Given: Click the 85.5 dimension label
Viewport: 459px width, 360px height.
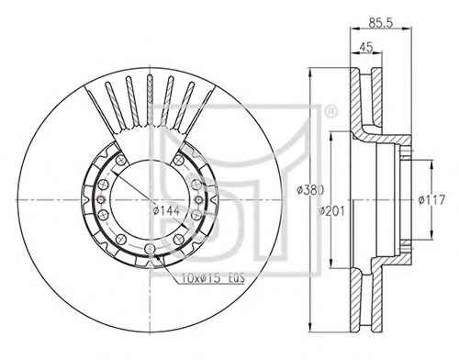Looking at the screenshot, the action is (x=380, y=23).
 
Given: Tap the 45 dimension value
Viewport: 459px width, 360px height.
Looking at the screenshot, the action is (x=366, y=48).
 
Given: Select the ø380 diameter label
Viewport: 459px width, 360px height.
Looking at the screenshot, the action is (x=310, y=190).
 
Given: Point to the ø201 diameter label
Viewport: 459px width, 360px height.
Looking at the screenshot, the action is (x=331, y=211).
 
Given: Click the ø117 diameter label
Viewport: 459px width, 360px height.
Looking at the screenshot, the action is (x=431, y=200).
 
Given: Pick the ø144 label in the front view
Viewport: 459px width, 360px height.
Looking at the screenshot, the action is (x=166, y=210).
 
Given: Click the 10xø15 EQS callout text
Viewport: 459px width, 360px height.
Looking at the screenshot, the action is (x=213, y=278).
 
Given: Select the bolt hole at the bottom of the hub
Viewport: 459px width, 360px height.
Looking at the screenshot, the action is (x=150, y=248).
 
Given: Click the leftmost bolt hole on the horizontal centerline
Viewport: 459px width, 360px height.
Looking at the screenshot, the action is (x=101, y=199).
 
